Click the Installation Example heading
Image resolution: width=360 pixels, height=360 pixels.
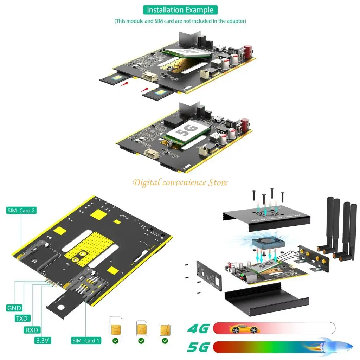point(180,10)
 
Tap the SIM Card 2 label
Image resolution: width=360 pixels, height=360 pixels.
point(21,211)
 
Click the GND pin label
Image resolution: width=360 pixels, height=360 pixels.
point(14,308)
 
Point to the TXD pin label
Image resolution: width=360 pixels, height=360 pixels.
point(22,319)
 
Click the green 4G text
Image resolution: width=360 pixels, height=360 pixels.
point(198,329)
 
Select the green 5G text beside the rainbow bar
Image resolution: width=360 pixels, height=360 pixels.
point(198,347)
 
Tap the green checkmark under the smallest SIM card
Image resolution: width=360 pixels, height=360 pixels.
point(165,341)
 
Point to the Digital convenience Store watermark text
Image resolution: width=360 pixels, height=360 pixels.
point(180,182)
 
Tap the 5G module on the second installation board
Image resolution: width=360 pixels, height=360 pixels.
point(188,134)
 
